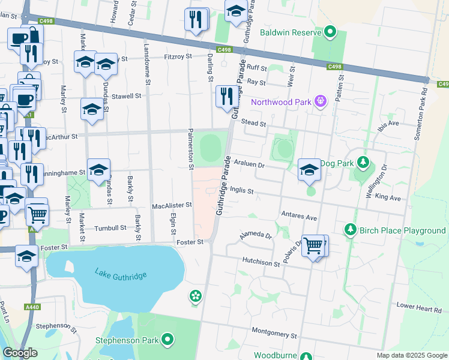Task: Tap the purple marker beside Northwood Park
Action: point(321,102)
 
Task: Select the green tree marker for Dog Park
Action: point(363,163)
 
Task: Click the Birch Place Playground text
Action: point(402,230)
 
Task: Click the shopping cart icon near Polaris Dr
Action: point(313,245)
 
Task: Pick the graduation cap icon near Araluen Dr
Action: point(309,169)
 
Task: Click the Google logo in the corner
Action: point(20,353)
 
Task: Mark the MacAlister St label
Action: point(172,205)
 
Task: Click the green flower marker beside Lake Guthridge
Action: point(195,296)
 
